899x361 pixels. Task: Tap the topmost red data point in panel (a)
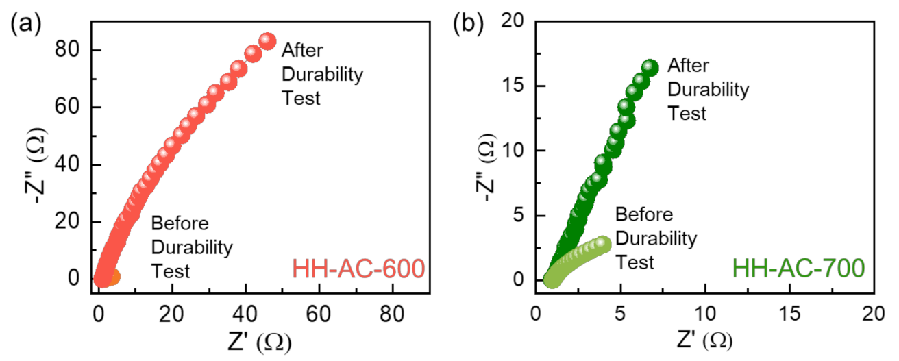[x=267, y=42]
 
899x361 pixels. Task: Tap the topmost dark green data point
[x=650, y=67]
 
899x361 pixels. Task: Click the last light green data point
[x=603, y=244]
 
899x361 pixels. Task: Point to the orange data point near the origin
[x=113, y=277]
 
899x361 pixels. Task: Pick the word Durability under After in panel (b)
[x=709, y=90]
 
